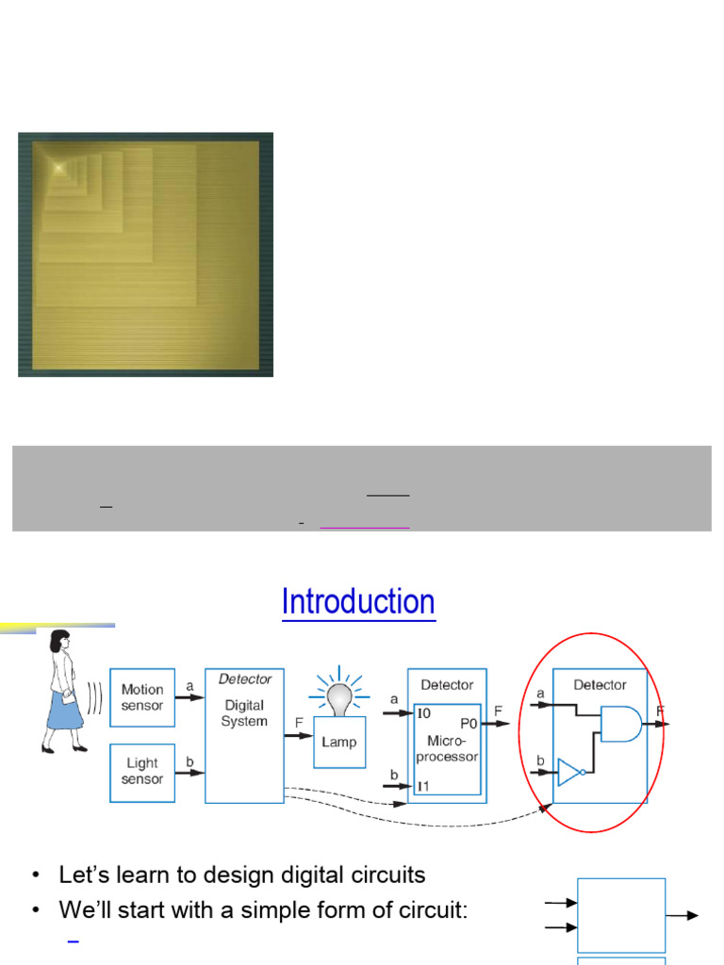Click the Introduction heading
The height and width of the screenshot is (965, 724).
(358, 601)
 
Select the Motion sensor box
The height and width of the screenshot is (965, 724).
(142, 697)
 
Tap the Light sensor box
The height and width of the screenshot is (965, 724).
(142, 773)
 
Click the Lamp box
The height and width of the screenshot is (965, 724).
(339, 742)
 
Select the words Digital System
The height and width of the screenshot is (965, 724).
(244, 712)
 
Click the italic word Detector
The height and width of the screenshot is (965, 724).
(245, 679)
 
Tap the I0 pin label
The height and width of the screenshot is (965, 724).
(424, 713)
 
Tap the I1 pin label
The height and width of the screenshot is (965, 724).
(423, 786)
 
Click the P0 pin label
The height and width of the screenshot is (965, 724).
(469, 723)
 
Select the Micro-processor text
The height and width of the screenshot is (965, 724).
(447, 748)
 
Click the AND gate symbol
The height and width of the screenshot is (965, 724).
(620, 724)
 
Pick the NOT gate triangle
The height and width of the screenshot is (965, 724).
(569, 772)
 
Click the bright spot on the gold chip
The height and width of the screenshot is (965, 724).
(59, 167)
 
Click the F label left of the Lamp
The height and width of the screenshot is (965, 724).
(299, 723)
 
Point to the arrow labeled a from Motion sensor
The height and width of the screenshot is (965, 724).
(189, 697)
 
